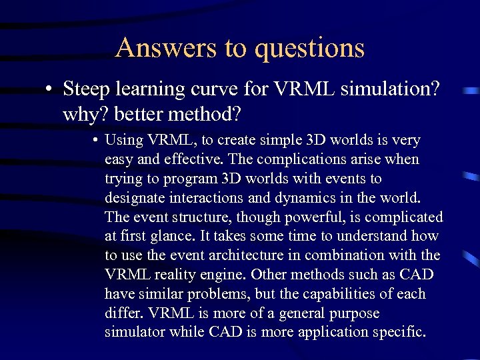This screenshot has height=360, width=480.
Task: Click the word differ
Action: click(x=125, y=313)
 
